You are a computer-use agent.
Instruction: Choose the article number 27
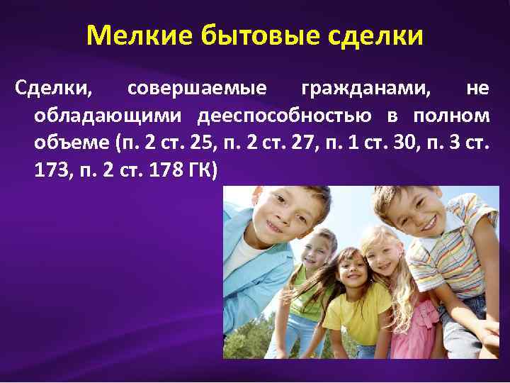click(307, 143)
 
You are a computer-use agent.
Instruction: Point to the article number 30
click(402, 143)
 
